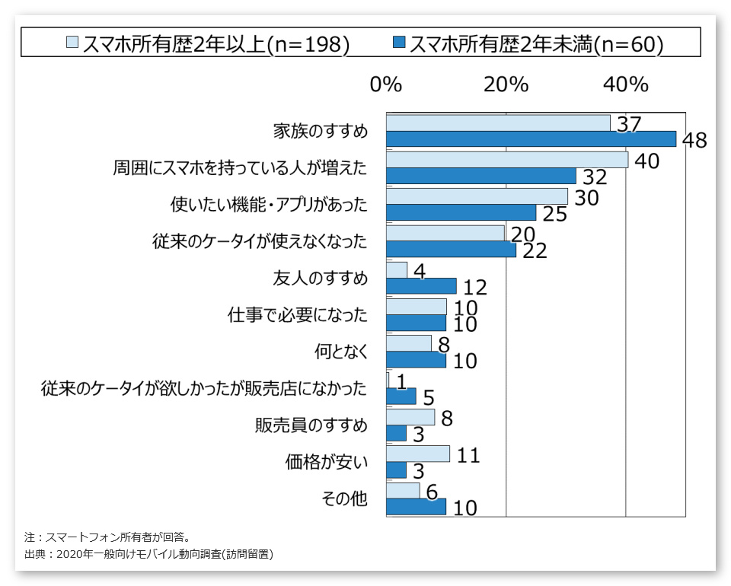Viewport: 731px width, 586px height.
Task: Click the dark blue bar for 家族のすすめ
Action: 531,139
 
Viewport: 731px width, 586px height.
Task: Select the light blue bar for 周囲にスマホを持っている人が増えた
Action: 506,160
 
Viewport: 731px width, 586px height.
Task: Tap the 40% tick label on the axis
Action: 625,84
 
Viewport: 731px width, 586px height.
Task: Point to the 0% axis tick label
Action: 386,84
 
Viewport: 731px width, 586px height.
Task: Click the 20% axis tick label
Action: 506,84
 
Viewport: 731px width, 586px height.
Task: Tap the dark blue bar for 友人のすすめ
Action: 421,286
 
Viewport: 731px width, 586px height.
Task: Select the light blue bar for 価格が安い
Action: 418,454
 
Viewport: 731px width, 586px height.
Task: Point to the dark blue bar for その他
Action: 416,507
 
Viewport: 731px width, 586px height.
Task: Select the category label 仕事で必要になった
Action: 298,315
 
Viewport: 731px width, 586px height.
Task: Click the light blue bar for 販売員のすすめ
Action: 410,417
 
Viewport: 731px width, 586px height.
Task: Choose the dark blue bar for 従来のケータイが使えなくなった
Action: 451,250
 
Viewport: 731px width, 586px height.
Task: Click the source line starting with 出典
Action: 148,554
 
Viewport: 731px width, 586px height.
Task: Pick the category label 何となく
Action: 341,352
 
